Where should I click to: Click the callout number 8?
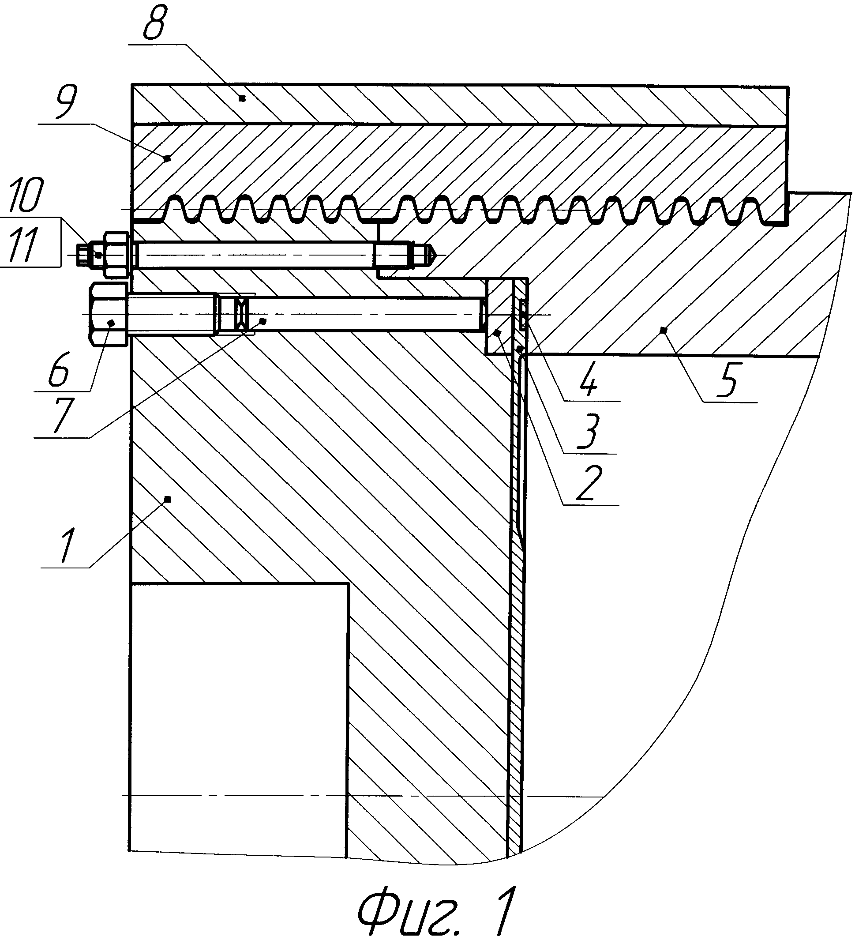click(x=154, y=23)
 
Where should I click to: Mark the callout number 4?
click(x=589, y=380)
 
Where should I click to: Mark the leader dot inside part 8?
click(x=241, y=98)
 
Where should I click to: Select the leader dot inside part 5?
click(x=664, y=330)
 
